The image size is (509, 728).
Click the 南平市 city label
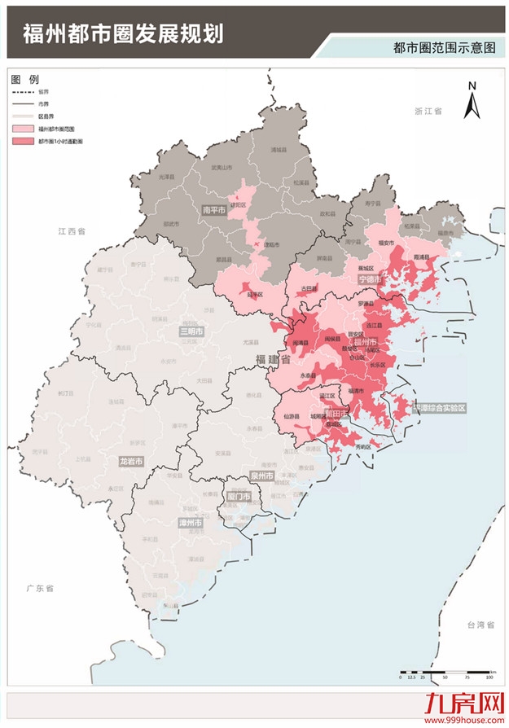pos(213,210)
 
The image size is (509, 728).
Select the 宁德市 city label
pos(370,279)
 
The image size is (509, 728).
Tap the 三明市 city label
pos(191,331)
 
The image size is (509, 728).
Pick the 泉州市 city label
pos(262,475)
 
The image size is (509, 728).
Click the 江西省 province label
pos(72,232)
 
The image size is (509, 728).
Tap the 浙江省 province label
pos(427,110)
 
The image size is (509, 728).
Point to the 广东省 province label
pos(38,587)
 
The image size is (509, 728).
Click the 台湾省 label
pos(481,624)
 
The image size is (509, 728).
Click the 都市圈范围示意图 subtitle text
pos(443,48)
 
